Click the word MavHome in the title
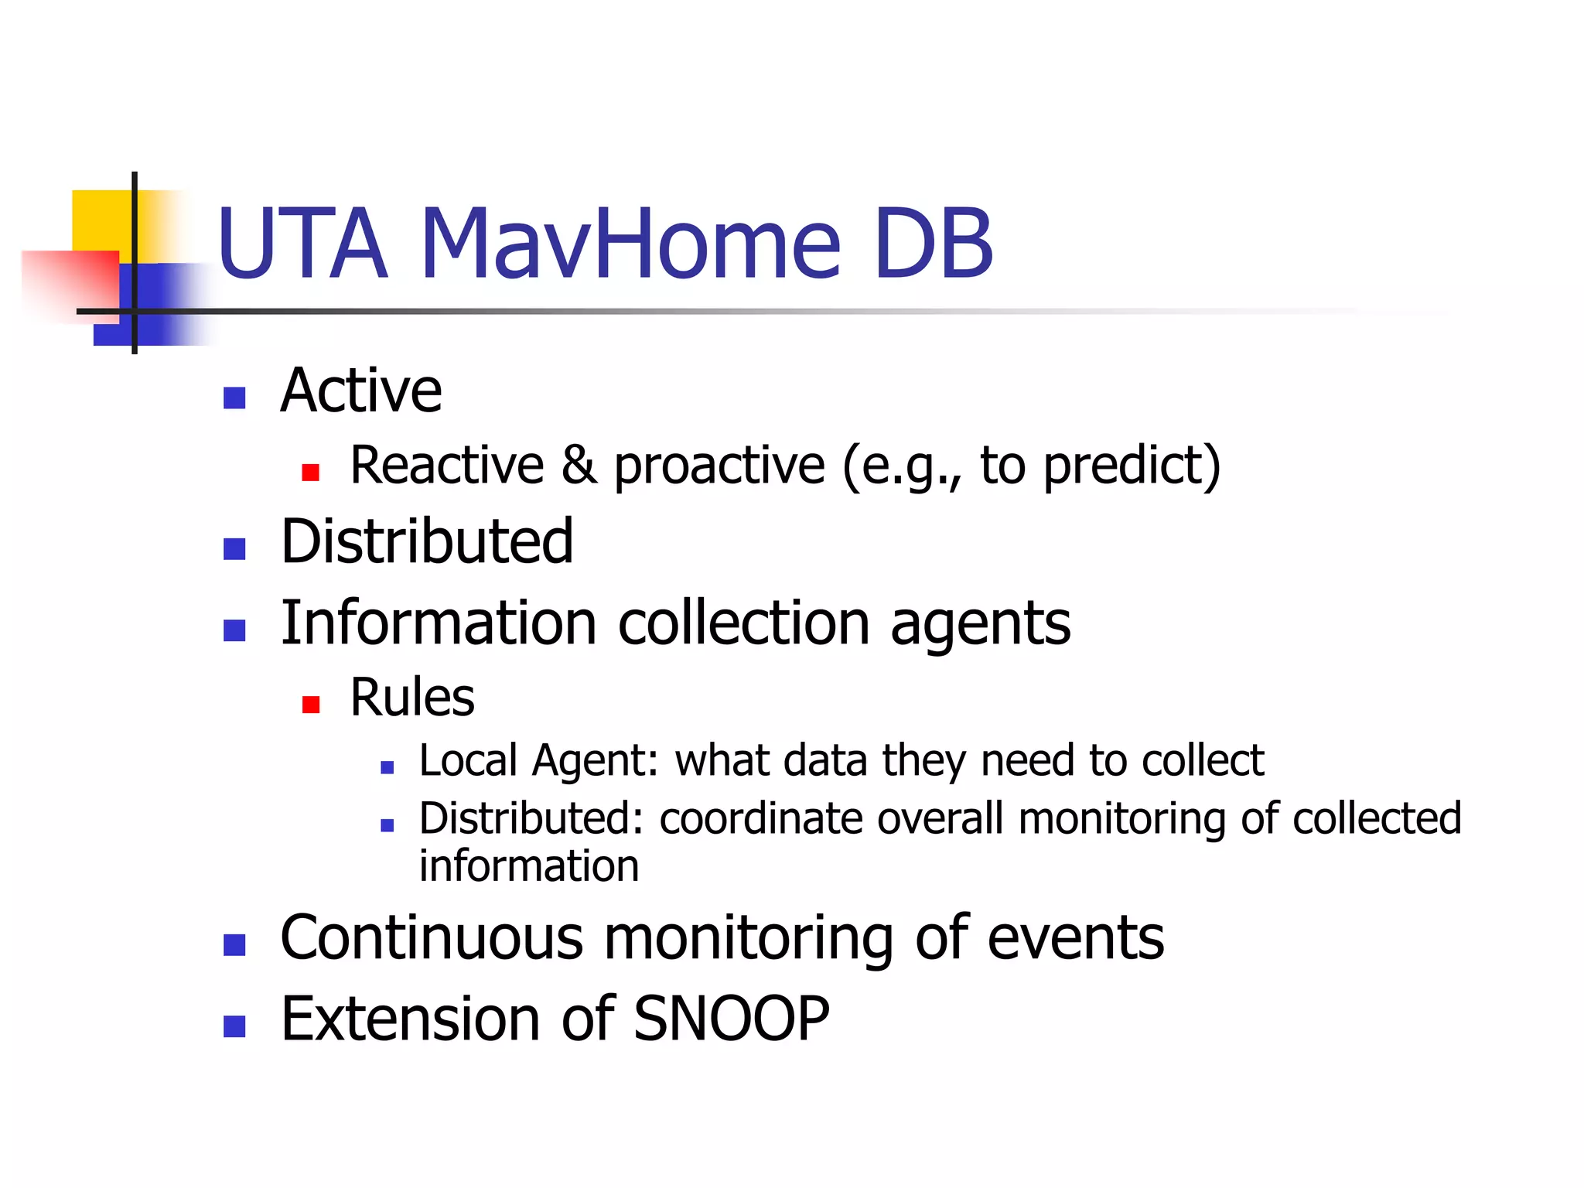[630, 244]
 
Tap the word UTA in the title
[302, 244]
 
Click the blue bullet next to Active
[234, 398]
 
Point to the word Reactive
[447, 466]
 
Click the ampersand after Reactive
[579, 466]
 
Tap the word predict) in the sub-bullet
[1132, 466]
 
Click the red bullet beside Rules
[311, 704]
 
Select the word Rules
[411, 698]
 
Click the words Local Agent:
[538, 760]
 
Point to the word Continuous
[432, 937]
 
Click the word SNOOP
[731, 1019]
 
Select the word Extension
[410, 1019]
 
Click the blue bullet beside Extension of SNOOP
[234, 1026]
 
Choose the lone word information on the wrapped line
[529, 866]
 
